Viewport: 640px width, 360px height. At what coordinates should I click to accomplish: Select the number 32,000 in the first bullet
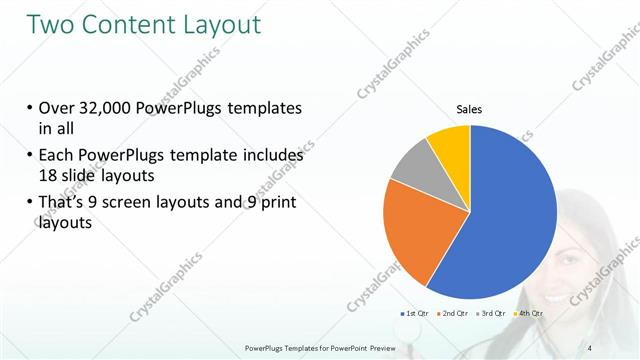pos(112,107)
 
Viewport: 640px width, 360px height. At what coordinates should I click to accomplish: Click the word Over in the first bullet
pos(56,107)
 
